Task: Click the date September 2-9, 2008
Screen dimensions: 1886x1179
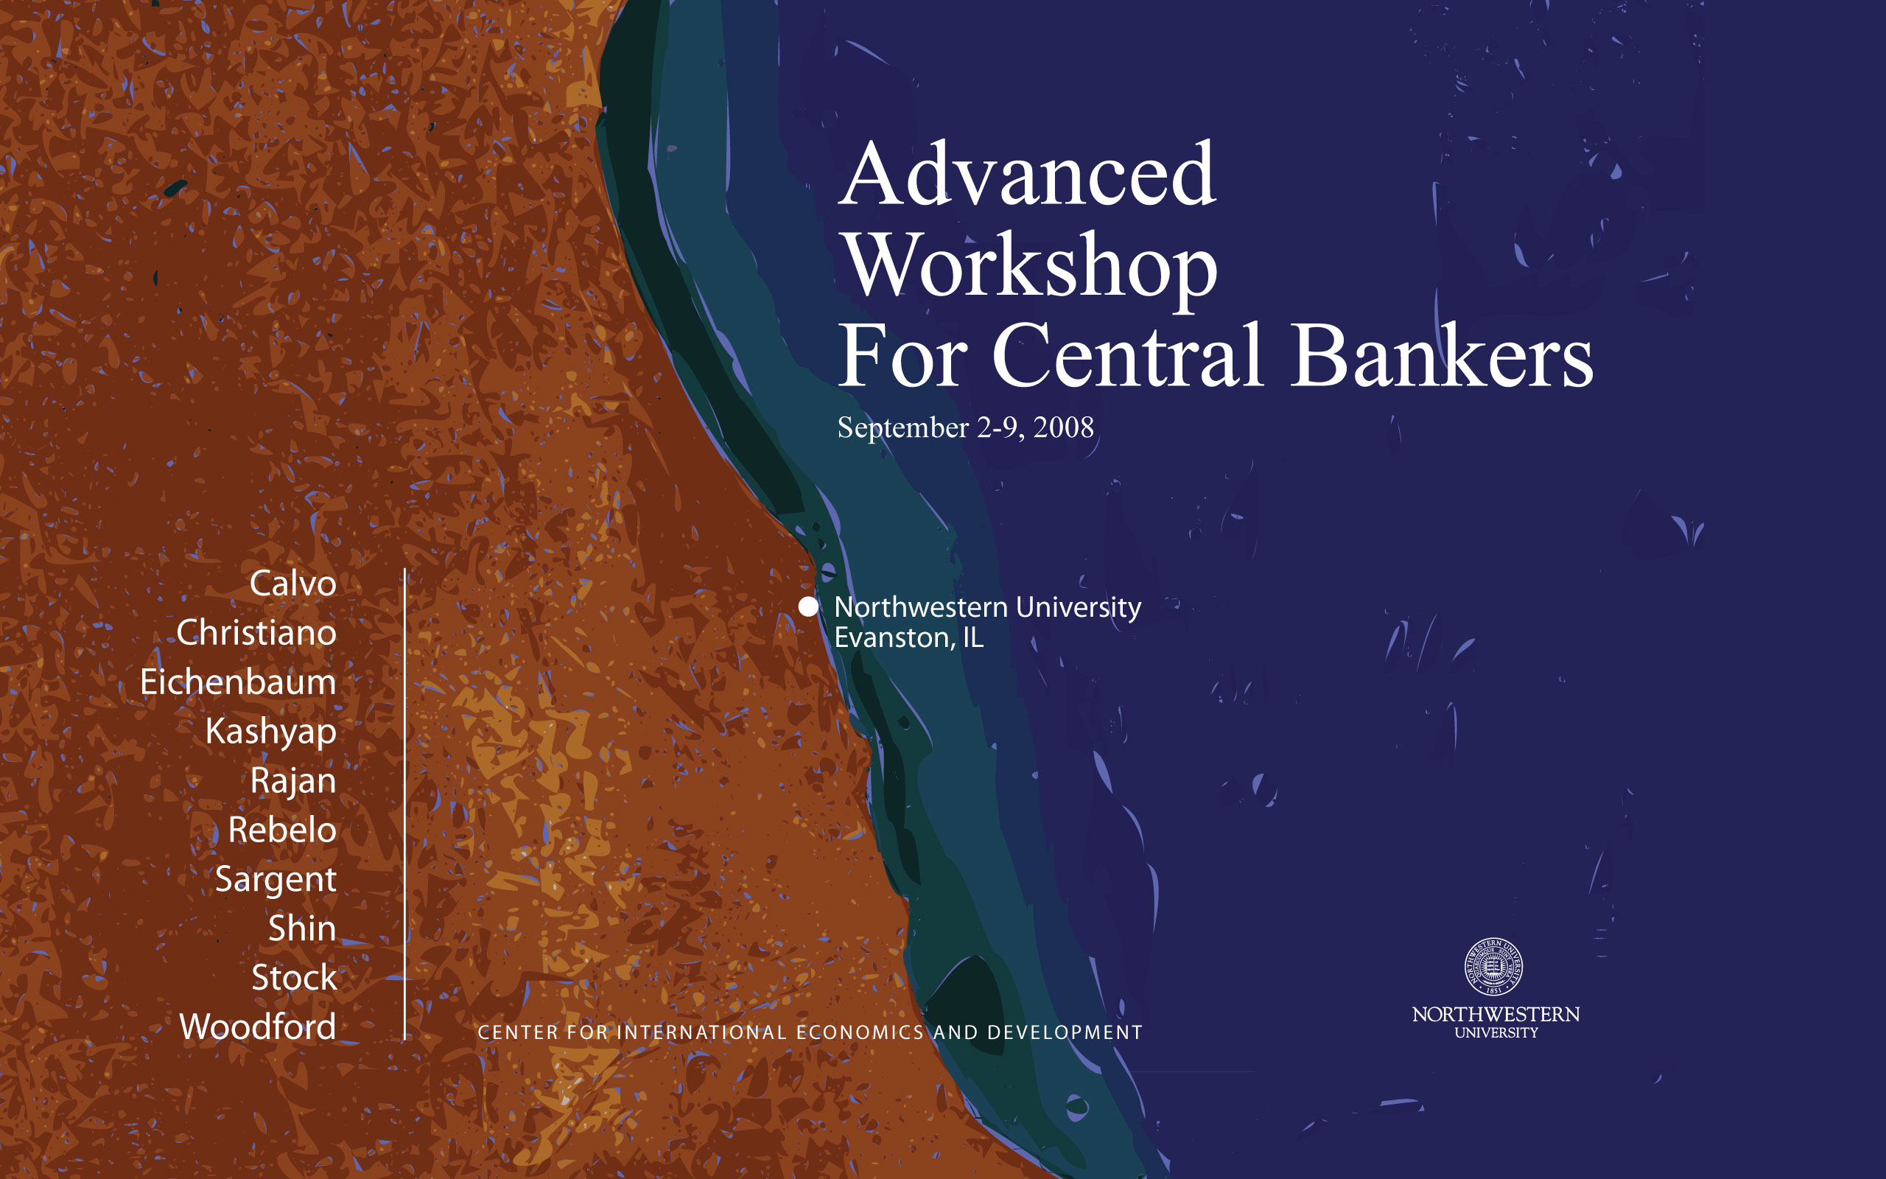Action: click(966, 428)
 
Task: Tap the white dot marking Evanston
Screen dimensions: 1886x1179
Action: click(808, 606)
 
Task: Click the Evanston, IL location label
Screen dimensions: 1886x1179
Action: click(908, 638)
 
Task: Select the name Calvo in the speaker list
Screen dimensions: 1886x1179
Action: click(293, 584)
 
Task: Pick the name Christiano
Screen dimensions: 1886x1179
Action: click(256, 632)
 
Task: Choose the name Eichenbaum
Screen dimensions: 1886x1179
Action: click(239, 682)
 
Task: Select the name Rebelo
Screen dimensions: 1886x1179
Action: click(282, 830)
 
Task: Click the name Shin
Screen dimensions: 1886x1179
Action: click(302, 928)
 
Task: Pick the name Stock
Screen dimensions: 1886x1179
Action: click(295, 977)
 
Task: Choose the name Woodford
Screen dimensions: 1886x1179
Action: click(258, 1026)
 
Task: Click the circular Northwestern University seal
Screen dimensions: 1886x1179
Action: click(1493, 967)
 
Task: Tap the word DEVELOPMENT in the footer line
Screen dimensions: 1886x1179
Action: click(1065, 1032)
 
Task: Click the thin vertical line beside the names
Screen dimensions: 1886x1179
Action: click(404, 805)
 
